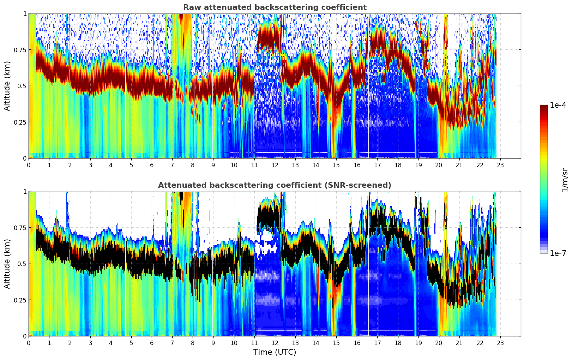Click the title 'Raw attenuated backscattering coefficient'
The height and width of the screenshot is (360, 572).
(275, 7)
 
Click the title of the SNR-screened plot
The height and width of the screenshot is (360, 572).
(275, 185)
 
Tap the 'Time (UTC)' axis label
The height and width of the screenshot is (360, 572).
(275, 352)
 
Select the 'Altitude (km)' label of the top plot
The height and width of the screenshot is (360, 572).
(7, 86)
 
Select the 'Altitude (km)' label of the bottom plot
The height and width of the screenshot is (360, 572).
(7, 264)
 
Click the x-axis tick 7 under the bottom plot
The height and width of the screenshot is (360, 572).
(172, 343)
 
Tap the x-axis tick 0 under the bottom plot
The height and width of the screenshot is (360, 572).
(29, 343)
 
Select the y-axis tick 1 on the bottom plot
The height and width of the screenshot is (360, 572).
(25, 192)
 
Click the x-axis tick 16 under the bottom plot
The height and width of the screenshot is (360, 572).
(357, 343)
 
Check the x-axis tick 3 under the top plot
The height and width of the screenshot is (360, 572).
(90, 165)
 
